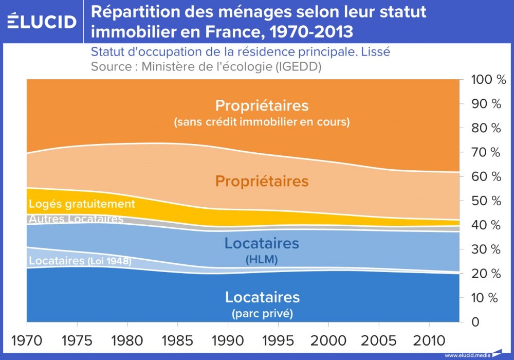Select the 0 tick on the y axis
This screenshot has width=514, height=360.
tap(475, 322)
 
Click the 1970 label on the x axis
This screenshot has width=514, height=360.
tap(27, 340)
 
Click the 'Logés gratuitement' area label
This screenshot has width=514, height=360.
tap(82, 204)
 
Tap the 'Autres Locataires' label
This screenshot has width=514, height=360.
tap(76, 219)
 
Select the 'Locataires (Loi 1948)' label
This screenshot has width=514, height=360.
tap(80, 261)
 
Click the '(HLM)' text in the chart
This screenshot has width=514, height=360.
tap(262, 260)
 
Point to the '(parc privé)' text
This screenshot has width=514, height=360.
tap(262, 313)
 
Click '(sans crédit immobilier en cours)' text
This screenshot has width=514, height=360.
tap(262, 122)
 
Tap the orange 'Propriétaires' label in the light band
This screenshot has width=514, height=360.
tap(262, 181)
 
